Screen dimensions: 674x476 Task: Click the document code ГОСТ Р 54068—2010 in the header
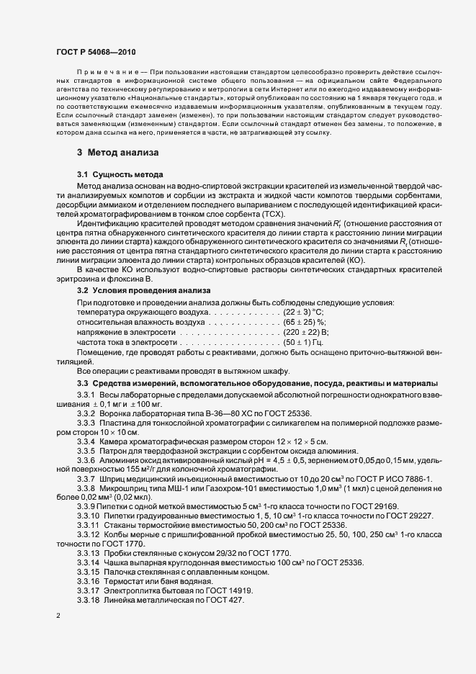[x=95, y=53]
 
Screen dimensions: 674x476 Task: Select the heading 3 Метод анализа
[x=118, y=153]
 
